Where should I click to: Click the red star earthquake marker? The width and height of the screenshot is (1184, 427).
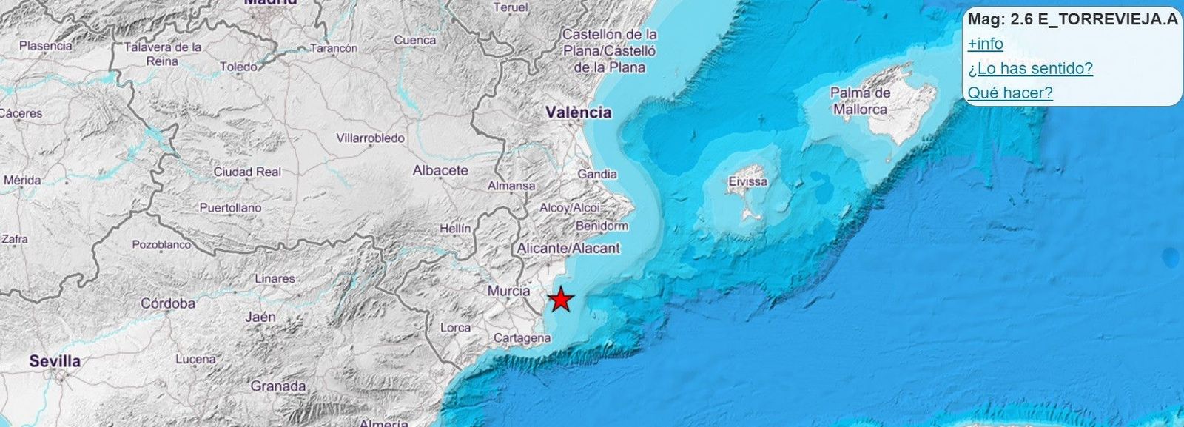coord(562,300)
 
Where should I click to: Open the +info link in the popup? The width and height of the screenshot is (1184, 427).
coord(986,44)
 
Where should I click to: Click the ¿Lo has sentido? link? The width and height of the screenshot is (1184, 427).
coord(1030,69)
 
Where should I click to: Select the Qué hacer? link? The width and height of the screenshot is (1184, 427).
coord(1010,93)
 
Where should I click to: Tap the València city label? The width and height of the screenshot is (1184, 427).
coord(579,112)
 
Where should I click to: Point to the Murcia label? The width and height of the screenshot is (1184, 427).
coord(508,291)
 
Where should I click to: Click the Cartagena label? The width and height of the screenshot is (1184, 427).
coord(522,337)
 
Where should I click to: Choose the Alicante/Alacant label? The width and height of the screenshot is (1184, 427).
coord(568,248)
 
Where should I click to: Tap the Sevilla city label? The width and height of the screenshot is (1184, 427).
coord(55,361)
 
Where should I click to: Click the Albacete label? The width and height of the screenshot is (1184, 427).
coord(440,170)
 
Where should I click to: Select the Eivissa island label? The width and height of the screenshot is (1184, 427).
coord(748,181)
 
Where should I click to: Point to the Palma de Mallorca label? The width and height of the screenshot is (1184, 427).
coord(860,101)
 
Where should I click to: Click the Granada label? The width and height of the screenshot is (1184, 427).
coord(278,386)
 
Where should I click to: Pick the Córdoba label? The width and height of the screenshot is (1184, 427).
coord(168,303)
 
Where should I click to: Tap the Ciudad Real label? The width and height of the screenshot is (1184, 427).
coord(247,172)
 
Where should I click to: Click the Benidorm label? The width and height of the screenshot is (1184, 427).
coord(601,226)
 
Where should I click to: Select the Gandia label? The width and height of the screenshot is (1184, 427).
coord(597,174)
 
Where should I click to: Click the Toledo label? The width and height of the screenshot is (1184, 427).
coord(239,67)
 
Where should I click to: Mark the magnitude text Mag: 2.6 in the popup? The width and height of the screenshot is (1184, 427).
coord(1000,20)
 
